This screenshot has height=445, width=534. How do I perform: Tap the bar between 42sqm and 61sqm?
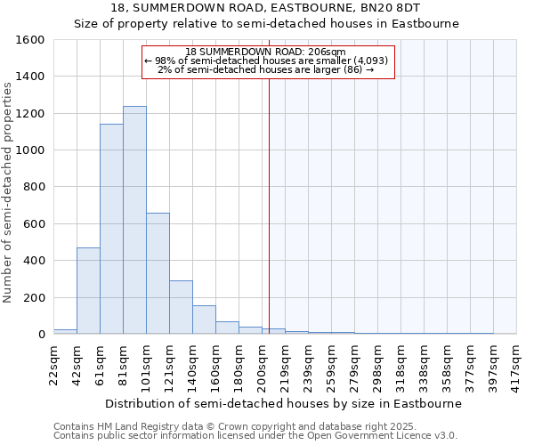click(88, 290)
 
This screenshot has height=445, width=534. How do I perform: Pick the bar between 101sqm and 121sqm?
click(158, 273)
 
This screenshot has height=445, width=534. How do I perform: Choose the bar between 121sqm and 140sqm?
click(181, 307)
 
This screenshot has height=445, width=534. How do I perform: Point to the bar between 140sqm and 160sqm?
click(204, 320)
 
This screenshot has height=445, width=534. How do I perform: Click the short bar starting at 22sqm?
click(65, 331)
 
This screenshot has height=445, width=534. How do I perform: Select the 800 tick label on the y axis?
click(34, 187)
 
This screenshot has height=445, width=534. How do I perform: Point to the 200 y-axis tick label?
click(34, 297)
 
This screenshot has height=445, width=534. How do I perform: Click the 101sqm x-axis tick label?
click(147, 362)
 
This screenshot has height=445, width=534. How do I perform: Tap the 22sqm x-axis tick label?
click(54, 362)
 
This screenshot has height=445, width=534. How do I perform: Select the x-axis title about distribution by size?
click(283, 403)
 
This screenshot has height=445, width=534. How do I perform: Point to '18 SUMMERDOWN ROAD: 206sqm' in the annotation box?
click(267, 52)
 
